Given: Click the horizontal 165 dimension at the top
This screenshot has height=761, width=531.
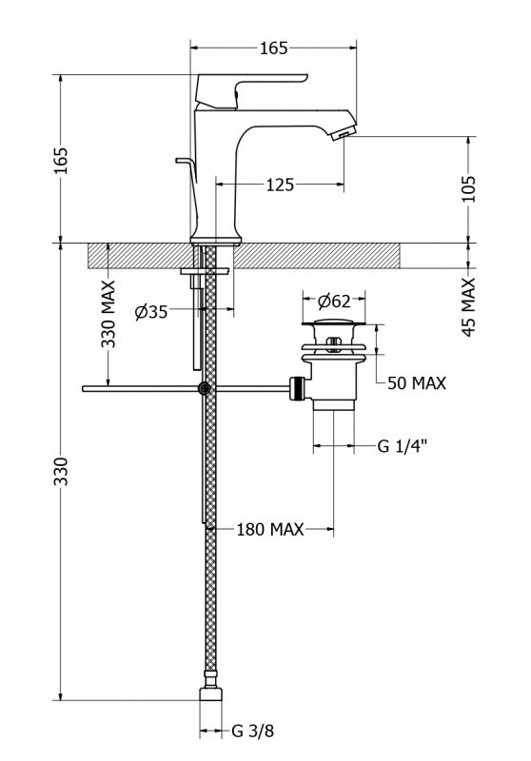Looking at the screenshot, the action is pyautogui.click(x=274, y=49).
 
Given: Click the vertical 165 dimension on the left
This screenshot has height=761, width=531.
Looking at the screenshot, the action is pyautogui.click(x=61, y=161).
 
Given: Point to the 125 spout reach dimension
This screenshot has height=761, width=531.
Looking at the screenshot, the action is pyautogui.click(x=280, y=185).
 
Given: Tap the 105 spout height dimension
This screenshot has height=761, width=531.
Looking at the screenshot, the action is pyautogui.click(x=468, y=188).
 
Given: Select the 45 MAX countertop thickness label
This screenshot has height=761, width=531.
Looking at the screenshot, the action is pyautogui.click(x=468, y=306).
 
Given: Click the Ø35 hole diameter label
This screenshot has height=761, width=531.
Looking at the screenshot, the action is pyautogui.click(x=151, y=312).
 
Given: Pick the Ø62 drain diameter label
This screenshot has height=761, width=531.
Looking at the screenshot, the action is pyautogui.click(x=334, y=302).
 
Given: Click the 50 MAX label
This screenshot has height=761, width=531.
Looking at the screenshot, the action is pyautogui.click(x=417, y=383).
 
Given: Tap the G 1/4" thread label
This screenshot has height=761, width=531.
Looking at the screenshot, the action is pyautogui.click(x=403, y=445).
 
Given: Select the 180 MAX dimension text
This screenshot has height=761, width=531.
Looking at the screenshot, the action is pyautogui.click(x=270, y=529).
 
